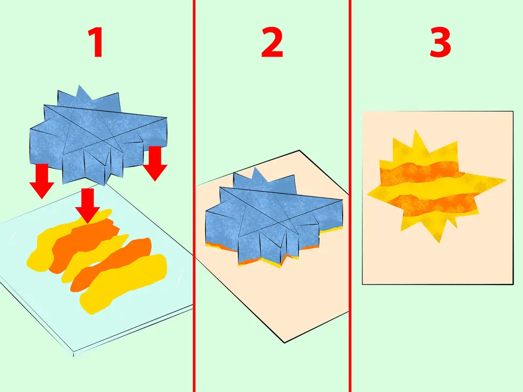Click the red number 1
point(96,42)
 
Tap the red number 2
point(272,42)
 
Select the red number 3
point(440,42)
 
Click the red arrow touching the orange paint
point(87,205)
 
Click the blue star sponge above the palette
point(99,135)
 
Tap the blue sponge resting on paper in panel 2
point(274,216)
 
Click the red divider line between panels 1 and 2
point(194,196)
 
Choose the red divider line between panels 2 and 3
point(350,196)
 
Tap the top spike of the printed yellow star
point(415,130)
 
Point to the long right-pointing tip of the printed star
point(506,181)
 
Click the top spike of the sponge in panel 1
point(79,86)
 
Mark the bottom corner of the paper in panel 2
point(284,342)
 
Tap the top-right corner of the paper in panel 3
point(513,112)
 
